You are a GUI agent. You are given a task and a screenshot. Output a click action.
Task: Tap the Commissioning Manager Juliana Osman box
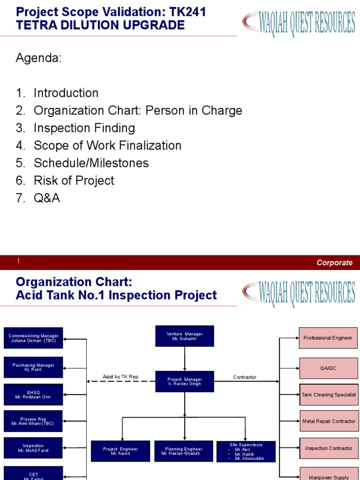tap(33, 338)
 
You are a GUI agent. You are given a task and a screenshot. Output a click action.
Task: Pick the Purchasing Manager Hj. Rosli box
tap(33, 367)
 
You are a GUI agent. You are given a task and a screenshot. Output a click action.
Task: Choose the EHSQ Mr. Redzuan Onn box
tap(33, 395)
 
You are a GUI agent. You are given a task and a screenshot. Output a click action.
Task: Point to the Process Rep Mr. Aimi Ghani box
tap(33, 421)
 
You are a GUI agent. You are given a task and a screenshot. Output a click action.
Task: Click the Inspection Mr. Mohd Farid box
tap(33, 448)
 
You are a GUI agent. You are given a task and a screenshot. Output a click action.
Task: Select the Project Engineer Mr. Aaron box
tap(120, 451)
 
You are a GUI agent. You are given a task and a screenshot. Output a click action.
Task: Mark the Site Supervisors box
tap(246, 451)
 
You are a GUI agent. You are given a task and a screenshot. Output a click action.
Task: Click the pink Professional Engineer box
tap(328, 338)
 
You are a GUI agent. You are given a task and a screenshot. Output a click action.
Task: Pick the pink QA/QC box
tap(328, 368)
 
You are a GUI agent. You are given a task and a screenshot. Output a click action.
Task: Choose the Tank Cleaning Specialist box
tap(328, 395)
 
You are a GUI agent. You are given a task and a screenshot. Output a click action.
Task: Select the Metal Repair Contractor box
tap(328, 421)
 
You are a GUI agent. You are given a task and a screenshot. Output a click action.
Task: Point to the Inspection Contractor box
tap(328, 448)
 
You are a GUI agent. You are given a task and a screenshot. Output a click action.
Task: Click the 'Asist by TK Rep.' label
tap(121, 377)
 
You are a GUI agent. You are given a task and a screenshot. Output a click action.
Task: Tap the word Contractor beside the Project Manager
tap(245, 377)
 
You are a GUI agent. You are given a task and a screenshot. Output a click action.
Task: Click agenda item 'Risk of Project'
tap(74, 180)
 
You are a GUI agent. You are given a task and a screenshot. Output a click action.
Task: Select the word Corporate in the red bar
tap(335, 263)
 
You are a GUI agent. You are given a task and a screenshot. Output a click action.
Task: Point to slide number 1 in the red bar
tap(18, 262)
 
